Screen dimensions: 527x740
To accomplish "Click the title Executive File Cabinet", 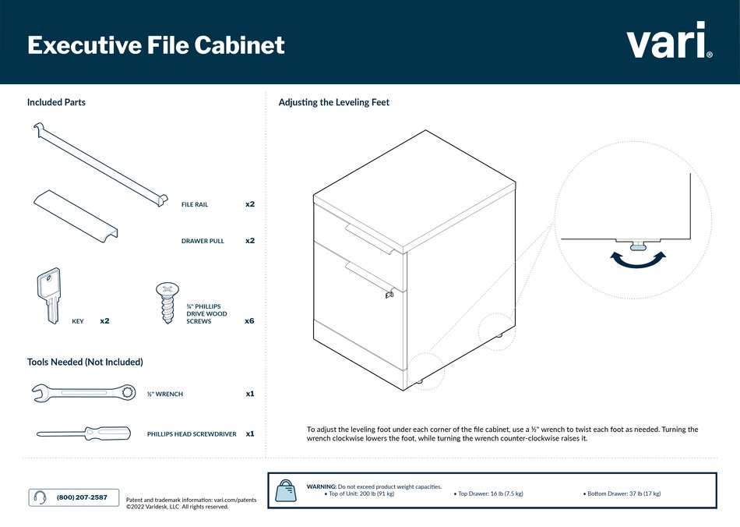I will pyautogui.click(x=156, y=45).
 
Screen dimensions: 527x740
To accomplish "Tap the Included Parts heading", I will pyautogui.click(x=56, y=102).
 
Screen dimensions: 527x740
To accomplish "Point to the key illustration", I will pyautogui.click(x=48, y=295).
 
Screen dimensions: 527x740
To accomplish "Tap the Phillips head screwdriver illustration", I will pyautogui.click(x=90, y=433).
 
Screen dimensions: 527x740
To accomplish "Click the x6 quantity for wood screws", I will pyautogui.click(x=249, y=320).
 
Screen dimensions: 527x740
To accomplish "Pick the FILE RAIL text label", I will pyautogui.click(x=195, y=204).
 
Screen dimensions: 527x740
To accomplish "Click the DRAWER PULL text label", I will pyautogui.click(x=203, y=241).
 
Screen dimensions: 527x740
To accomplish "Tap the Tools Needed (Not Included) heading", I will pyautogui.click(x=85, y=362).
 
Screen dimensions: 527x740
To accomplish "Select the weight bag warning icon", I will pyautogui.click(x=287, y=491).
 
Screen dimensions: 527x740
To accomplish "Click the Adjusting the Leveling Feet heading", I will pyautogui.click(x=333, y=102).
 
